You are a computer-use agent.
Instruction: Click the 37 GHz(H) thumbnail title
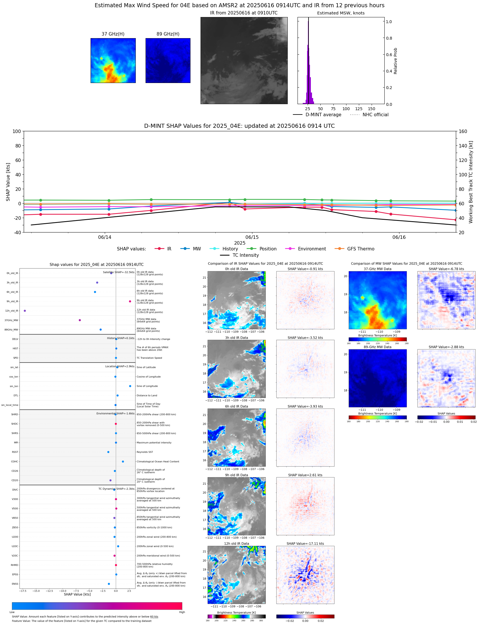pyautogui.click(x=113, y=34)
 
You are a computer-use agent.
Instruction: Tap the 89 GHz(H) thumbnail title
pyautogui.click(x=168, y=34)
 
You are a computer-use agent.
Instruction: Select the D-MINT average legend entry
pyautogui.click(x=323, y=115)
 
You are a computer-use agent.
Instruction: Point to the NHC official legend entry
pyautogui.click(x=375, y=115)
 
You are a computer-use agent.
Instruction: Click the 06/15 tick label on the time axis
pyautogui.click(x=252, y=237)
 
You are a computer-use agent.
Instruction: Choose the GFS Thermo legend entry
pyautogui.click(x=361, y=249)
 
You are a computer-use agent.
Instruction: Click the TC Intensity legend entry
pyautogui.click(x=245, y=255)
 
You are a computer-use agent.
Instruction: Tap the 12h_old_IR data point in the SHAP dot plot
pyautogui.click(x=25, y=311)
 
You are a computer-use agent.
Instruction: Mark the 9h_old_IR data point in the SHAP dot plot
pyautogui.click(x=130, y=301)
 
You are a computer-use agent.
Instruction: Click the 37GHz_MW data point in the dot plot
pyautogui.click(x=80, y=320)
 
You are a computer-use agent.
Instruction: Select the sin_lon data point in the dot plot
pyautogui.click(x=130, y=386)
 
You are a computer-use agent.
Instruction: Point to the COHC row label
pyautogui.click(x=14, y=461)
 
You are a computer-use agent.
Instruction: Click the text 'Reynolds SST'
pyautogui.click(x=145, y=452)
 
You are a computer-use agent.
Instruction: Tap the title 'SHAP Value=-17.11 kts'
pyautogui.click(x=305, y=544)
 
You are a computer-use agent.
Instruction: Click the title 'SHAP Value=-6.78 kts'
pyautogui.click(x=446, y=269)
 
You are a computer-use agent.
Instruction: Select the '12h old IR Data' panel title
pyautogui.click(x=236, y=544)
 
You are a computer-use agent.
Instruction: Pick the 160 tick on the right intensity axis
pyautogui.click(x=463, y=131)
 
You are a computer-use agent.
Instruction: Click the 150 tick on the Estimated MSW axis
pyautogui.click(x=371, y=109)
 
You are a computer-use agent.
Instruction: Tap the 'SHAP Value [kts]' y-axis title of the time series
pyautogui.click(x=8, y=182)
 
